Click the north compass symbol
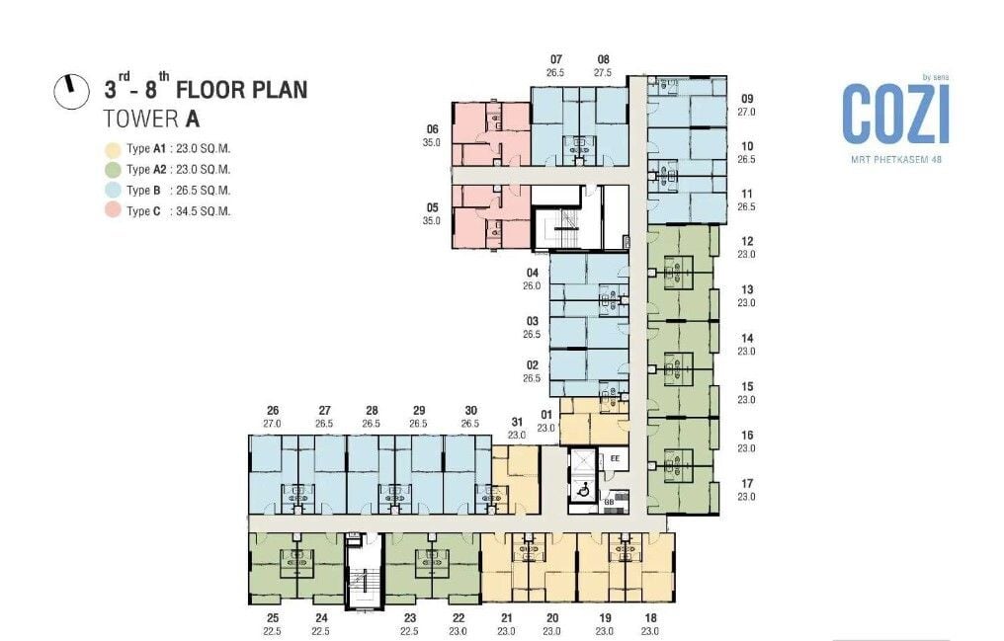point(71,91)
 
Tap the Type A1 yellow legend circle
point(113,150)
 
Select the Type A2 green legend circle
point(113,170)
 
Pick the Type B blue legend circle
point(113,190)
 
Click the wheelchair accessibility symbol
point(583,490)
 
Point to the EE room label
point(616,458)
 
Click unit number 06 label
point(432,129)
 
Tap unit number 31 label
point(517,422)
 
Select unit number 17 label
point(747,484)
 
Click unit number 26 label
point(273,411)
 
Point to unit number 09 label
point(747,99)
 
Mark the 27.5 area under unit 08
point(603,73)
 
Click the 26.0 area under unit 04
point(532,286)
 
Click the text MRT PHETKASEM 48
point(895,159)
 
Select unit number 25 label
point(273,618)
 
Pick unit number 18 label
point(650,618)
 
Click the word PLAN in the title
point(277,90)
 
